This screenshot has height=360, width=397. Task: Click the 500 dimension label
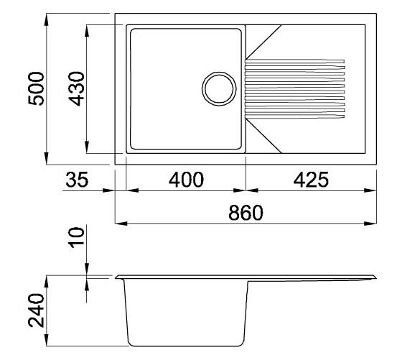click(x=36, y=88)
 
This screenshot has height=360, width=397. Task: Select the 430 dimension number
click(x=77, y=88)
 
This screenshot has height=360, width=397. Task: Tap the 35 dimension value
click(x=77, y=180)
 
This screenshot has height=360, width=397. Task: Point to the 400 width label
click(x=186, y=180)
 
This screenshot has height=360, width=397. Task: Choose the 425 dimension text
click(x=311, y=180)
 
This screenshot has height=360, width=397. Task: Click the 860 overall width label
click(x=246, y=213)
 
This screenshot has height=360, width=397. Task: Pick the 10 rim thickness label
click(x=77, y=238)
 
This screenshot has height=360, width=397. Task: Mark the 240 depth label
click(x=36, y=310)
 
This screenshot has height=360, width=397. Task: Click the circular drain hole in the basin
click(x=219, y=88)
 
